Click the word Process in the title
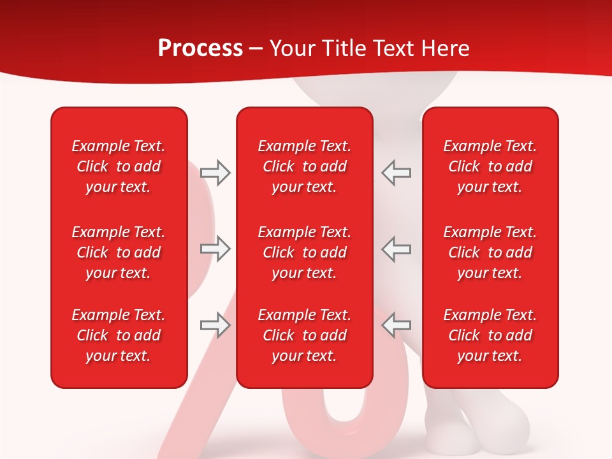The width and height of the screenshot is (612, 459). point(200,48)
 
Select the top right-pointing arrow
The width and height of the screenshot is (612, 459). point(215,173)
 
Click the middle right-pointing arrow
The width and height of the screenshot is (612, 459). point(215,249)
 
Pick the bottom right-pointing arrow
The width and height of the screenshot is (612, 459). point(215,325)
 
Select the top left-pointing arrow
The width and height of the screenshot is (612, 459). point(397,173)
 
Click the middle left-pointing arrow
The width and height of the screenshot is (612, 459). point(397,249)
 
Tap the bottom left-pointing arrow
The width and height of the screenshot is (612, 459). point(397,325)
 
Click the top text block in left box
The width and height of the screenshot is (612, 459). point(119,166)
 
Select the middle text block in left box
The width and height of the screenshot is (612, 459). point(119,252)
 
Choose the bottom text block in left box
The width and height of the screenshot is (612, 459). point(119,335)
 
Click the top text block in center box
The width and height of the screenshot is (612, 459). point(304,166)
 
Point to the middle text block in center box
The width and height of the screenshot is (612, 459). point(304,252)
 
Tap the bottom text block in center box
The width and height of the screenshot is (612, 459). point(304,335)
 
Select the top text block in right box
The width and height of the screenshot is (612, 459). point(490,166)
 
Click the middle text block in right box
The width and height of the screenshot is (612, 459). point(490,252)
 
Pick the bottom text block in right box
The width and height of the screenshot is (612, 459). point(490,335)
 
